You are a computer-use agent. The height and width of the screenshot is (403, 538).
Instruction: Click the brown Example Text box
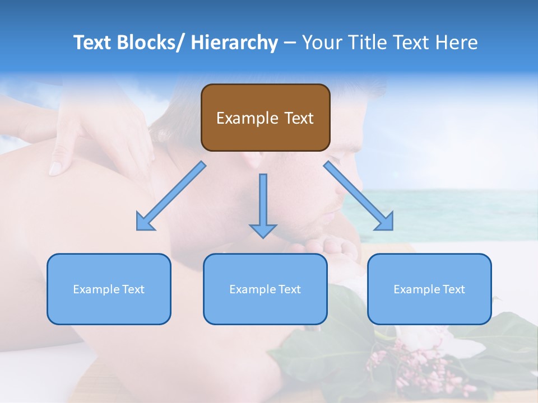[265, 118]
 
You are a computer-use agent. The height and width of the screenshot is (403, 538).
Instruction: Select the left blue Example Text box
[109, 289]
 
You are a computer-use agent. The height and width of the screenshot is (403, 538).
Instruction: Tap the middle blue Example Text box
[265, 289]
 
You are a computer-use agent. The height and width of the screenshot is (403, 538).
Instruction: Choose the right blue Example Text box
[429, 289]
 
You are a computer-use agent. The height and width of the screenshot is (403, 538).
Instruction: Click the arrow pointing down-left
[171, 196]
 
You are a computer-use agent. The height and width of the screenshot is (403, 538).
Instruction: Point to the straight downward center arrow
[263, 204]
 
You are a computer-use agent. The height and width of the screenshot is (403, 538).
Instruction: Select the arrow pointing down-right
[359, 196]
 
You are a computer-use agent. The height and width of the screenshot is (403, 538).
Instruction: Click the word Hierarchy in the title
[234, 43]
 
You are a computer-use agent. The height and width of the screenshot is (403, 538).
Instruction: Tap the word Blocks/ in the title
[151, 43]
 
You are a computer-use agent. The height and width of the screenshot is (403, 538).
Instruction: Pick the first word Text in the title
[92, 43]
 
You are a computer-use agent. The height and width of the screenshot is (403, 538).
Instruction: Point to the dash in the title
[289, 43]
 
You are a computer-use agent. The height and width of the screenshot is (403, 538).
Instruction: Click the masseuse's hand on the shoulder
[95, 134]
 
